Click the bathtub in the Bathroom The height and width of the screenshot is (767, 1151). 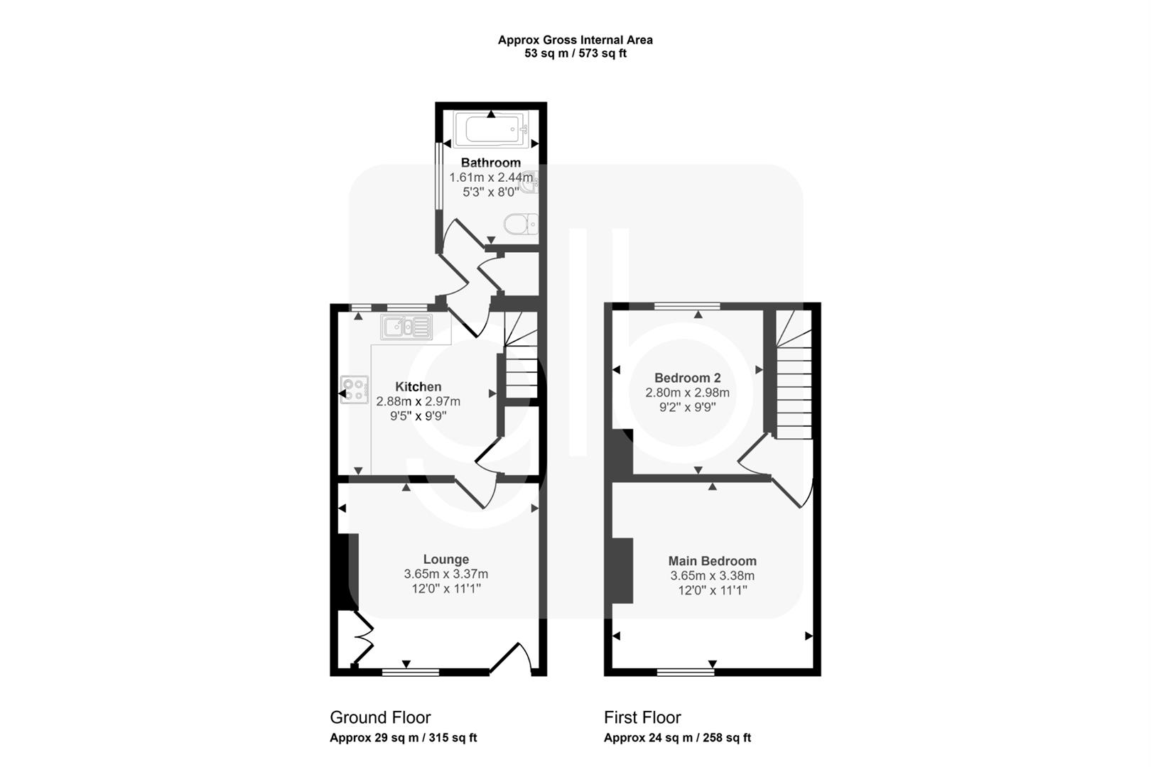pos(491,129)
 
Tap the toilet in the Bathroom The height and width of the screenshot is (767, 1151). pos(521,224)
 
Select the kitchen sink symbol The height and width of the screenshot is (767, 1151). pos(406,327)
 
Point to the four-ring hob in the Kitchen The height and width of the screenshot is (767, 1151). pos(355,389)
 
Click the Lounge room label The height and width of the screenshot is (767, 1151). pos(446,559)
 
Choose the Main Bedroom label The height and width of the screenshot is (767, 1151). pos(712,561)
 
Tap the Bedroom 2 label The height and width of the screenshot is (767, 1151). pos(688,378)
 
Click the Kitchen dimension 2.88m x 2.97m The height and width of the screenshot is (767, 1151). pos(418,401)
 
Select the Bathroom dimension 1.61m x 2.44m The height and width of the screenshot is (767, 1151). pos(491,178)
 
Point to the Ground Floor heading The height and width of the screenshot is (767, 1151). pos(380,717)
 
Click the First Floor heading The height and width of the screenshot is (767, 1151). pos(642,717)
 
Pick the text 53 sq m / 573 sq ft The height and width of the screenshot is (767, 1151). pos(575,53)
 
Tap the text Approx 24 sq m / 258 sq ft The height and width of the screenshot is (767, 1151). pos(677,738)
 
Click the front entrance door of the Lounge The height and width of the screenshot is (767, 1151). pos(510,657)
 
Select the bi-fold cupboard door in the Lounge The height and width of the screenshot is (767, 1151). pos(363,638)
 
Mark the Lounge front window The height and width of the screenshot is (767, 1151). pos(411,672)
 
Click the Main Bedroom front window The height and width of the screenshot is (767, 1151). pos(686,672)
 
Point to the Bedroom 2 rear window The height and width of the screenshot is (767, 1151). pos(688,306)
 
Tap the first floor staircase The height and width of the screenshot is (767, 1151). pos(794,374)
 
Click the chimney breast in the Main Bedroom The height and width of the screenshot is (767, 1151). pos(622,570)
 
